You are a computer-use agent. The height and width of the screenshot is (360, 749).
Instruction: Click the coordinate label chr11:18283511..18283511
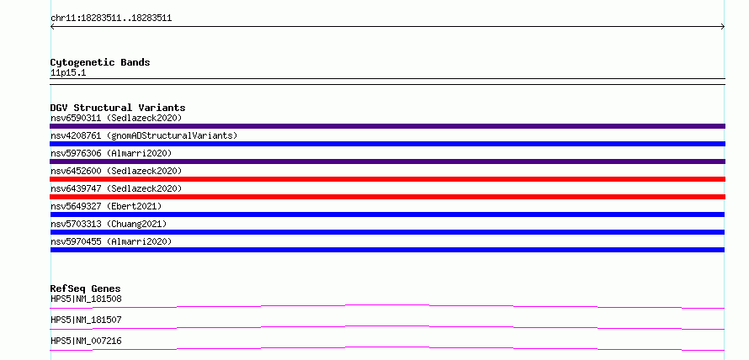click(x=111, y=19)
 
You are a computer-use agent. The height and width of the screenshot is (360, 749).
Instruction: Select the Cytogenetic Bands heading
click(x=100, y=62)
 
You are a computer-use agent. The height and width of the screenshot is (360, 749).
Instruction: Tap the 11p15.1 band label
click(x=68, y=73)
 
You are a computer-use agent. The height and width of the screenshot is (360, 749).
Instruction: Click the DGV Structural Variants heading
click(x=118, y=108)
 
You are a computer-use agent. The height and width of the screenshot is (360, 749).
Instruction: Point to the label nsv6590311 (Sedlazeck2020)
click(x=116, y=118)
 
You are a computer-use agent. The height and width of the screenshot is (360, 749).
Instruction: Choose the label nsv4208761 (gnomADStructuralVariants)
click(x=144, y=135)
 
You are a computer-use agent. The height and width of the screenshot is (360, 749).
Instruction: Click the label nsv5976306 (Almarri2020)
click(x=111, y=153)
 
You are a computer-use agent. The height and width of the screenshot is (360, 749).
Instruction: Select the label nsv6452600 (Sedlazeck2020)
click(x=116, y=171)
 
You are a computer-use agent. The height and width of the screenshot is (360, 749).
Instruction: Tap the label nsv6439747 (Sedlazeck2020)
click(x=116, y=188)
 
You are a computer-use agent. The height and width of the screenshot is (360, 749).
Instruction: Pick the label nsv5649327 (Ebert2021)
click(x=106, y=206)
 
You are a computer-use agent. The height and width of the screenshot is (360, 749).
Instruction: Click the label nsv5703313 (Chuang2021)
click(x=109, y=224)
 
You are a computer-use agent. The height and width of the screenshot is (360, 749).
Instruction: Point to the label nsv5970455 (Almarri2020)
click(x=111, y=241)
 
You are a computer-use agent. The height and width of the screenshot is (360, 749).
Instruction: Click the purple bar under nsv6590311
click(x=387, y=126)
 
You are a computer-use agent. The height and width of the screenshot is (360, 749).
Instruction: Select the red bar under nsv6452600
click(x=387, y=179)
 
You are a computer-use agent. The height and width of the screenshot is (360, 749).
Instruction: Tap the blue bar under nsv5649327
click(x=387, y=214)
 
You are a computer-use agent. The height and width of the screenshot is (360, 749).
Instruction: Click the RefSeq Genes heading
click(x=85, y=289)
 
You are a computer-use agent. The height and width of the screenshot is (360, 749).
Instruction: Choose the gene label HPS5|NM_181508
click(x=86, y=299)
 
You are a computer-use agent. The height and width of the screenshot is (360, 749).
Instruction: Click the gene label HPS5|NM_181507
click(x=86, y=320)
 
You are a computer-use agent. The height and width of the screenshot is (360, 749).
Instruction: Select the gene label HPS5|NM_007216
click(x=86, y=341)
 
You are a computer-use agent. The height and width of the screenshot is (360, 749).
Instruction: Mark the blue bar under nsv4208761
click(x=387, y=144)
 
